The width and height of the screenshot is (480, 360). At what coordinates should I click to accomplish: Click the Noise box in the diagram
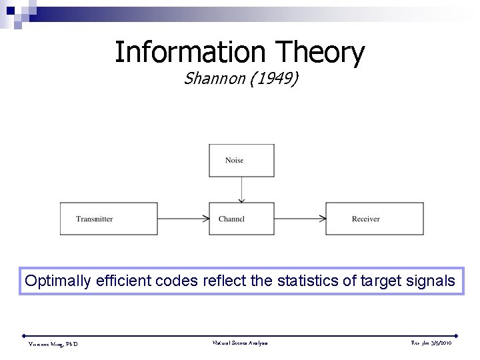coord(241,161)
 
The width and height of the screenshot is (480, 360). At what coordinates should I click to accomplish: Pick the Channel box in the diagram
coord(241,219)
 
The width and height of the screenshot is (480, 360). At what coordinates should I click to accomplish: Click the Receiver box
coord(374,219)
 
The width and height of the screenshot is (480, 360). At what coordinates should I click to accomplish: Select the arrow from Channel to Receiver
coord(299,219)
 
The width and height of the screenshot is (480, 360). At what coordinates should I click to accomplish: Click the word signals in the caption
coord(430,281)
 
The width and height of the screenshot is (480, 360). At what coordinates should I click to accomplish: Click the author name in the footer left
coord(53,343)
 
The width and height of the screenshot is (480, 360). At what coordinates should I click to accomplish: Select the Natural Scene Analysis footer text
coord(240,343)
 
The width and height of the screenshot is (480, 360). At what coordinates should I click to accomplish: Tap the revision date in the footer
coord(431,343)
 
